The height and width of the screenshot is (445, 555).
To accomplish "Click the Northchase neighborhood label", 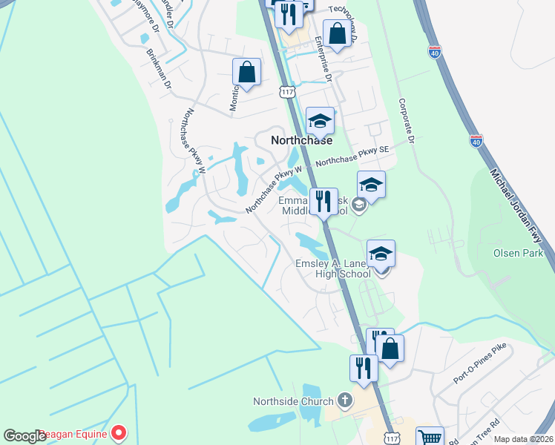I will [x=301, y=139].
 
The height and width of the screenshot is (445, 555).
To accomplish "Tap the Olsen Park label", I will [x=519, y=253].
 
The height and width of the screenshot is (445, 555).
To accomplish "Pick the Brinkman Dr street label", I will [x=159, y=70].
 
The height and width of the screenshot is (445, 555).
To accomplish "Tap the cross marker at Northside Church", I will [x=344, y=401].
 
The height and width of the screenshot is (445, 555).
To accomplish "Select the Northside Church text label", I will [x=293, y=401].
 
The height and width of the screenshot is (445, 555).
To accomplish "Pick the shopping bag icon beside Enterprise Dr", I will [x=337, y=34].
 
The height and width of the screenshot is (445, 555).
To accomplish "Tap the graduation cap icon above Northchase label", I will [x=320, y=120].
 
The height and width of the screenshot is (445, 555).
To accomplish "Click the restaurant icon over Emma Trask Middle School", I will [x=324, y=201].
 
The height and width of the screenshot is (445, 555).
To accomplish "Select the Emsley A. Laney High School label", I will [x=333, y=268].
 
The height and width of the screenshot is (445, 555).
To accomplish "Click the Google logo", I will [x=24, y=436].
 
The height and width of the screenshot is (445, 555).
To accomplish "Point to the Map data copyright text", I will [x=523, y=439].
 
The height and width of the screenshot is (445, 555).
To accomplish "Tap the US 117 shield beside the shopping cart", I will [x=390, y=438].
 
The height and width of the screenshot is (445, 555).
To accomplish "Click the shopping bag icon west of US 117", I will [x=246, y=72].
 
